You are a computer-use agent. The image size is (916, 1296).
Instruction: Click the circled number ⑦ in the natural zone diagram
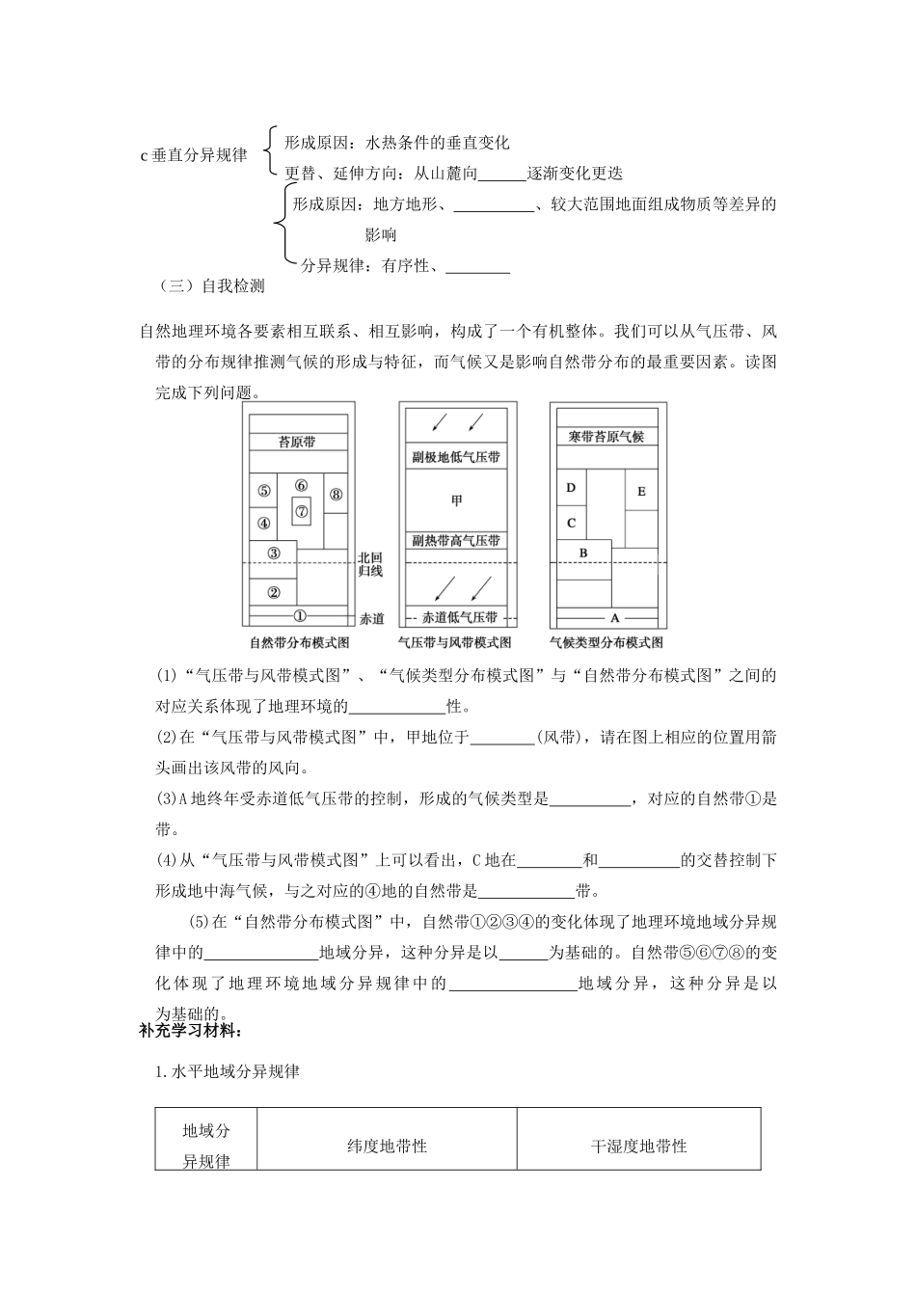tap(302, 510)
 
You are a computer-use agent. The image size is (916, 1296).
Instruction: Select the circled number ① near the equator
tap(299, 615)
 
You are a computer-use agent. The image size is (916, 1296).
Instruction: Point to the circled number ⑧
tap(336, 495)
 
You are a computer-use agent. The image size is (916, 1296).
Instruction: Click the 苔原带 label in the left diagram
tap(297, 442)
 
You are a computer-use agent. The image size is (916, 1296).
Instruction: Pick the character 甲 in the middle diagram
tap(456, 499)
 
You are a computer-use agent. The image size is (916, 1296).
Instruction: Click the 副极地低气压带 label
tap(456, 457)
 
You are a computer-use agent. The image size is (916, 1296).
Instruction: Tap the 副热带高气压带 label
tap(456, 541)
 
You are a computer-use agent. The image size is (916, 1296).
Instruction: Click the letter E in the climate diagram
tap(641, 492)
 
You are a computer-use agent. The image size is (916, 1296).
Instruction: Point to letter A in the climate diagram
tap(615, 617)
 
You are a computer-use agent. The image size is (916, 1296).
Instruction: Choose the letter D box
tap(571, 488)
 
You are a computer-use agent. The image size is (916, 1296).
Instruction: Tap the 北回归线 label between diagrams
tap(370, 564)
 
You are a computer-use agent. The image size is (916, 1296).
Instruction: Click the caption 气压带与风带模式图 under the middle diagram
tap(455, 642)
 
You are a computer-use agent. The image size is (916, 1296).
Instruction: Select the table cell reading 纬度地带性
tap(387, 1147)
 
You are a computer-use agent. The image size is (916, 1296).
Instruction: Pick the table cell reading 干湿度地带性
tap(638, 1147)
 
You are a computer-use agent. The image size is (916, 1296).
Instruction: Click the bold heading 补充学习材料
tap(189, 1031)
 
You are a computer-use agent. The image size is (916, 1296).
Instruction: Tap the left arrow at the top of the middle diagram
tap(439, 421)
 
